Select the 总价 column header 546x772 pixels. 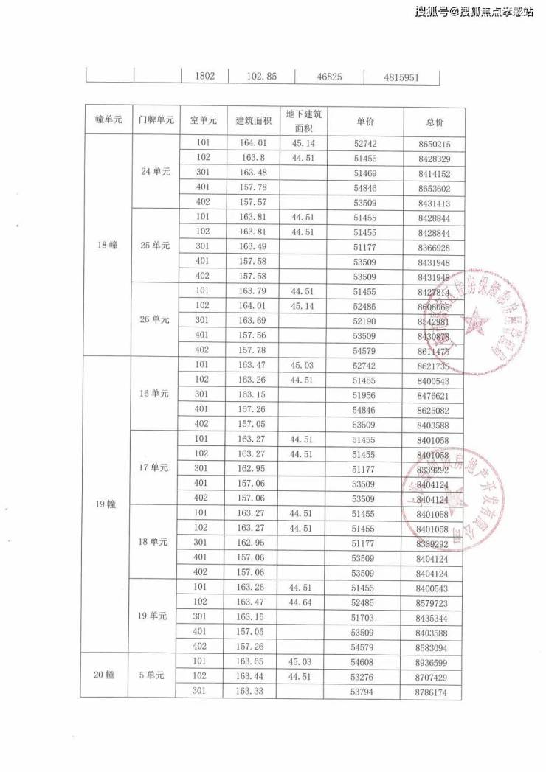point(435,121)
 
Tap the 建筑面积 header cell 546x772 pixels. point(253,121)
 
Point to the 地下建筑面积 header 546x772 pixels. point(304,120)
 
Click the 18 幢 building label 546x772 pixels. point(108,246)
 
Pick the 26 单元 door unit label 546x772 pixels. point(156,319)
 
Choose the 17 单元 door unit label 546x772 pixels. point(156,467)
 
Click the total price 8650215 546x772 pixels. point(434,144)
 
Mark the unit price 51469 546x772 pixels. point(364,173)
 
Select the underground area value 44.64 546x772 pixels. point(303,602)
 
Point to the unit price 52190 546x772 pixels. point(364,320)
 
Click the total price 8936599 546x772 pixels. point(432,662)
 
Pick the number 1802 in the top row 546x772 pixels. point(204,76)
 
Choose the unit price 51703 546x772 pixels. point(364,616)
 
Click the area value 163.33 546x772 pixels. point(251,692)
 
